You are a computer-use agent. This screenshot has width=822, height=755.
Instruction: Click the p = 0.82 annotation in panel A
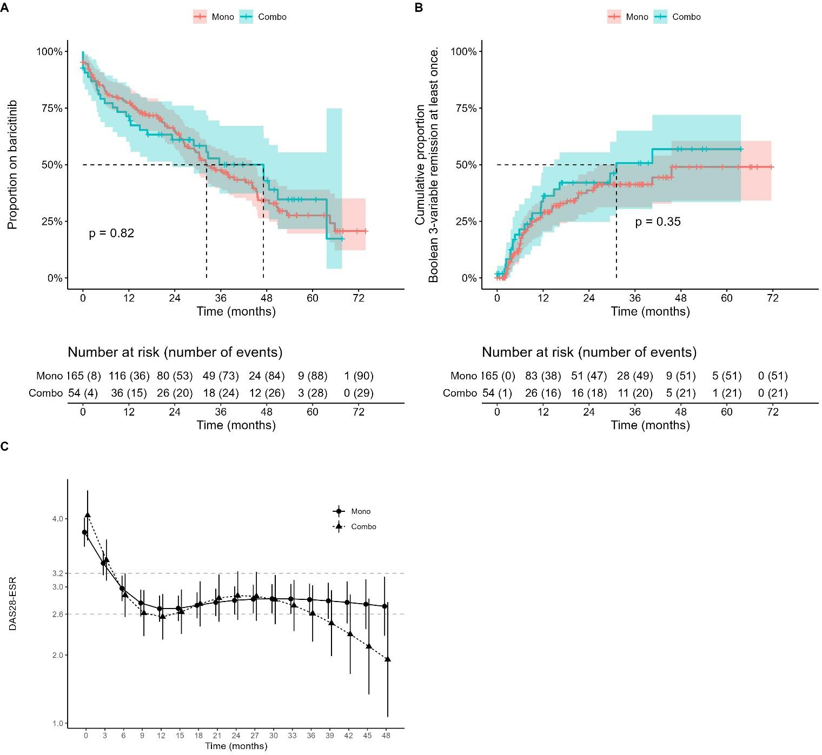(x=111, y=233)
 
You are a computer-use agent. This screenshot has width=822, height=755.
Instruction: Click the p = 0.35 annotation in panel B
(x=658, y=222)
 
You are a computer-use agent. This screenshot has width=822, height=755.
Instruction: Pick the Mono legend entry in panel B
(x=628, y=17)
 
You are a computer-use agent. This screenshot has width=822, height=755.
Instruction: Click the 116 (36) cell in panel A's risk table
(x=129, y=376)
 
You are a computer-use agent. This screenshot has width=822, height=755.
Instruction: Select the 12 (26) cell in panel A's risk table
(x=267, y=393)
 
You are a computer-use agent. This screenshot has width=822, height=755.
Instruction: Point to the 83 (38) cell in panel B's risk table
(x=543, y=376)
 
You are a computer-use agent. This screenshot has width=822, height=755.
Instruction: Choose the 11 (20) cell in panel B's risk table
(x=635, y=393)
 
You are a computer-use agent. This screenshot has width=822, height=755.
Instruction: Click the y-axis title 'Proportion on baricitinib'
(x=12, y=165)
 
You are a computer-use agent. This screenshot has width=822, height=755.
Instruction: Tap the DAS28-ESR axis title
(x=12, y=604)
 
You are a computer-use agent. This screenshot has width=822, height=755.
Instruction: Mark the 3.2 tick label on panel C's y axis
(x=57, y=573)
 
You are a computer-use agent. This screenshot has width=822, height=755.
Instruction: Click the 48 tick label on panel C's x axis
(x=386, y=736)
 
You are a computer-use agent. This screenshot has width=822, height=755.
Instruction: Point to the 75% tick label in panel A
(x=52, y=108)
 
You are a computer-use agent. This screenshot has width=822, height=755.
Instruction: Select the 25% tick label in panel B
(x=466, y=222)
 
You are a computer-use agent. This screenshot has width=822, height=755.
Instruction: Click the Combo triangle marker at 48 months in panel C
(x=388, y=659)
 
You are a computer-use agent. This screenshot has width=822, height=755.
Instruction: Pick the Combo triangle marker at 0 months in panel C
(x=88, y=515)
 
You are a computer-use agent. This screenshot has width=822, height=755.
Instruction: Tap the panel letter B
(x=419, y=8)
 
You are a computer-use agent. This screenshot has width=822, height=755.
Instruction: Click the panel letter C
(x=4, y=446)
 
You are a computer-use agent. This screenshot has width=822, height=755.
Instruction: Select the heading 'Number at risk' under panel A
(x=175, y=352)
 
